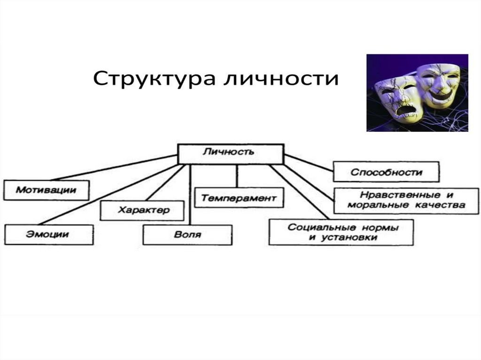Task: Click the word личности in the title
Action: pos(280,78)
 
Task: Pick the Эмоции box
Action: pos(49,234)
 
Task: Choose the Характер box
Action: pos(142,210)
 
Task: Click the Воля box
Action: pos(187,234)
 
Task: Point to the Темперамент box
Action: pos(239,198)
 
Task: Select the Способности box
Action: pos(386,172)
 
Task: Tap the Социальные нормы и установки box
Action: pos(341,232)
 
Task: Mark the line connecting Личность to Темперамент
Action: pos(236,176)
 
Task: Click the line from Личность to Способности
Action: pos(309,162)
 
